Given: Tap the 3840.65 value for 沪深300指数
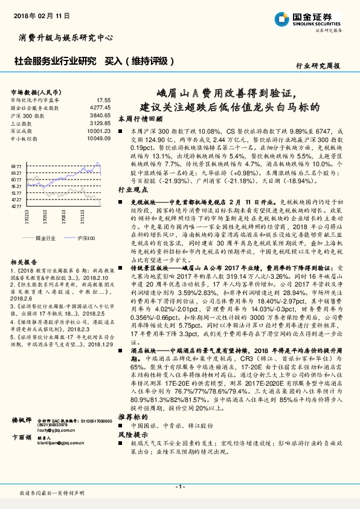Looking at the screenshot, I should point(100,115).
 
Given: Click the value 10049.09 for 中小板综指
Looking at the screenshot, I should point(99,138).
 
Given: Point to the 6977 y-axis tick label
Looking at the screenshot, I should point(16,165).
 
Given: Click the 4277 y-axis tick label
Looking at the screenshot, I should point(16,206).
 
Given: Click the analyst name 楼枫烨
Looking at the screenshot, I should point(21,436).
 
